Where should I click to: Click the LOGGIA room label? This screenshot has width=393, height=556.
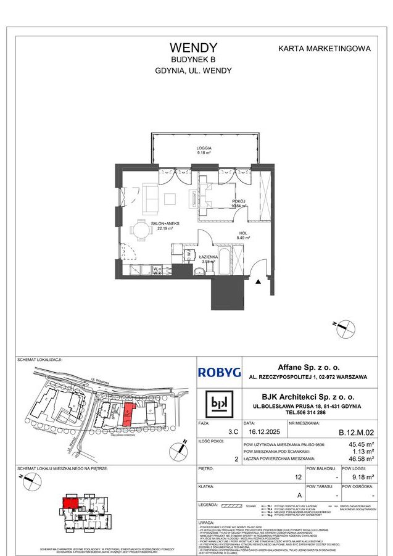204,149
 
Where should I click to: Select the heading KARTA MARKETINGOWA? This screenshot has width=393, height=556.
324,48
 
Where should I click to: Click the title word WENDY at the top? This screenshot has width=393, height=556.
193,48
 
